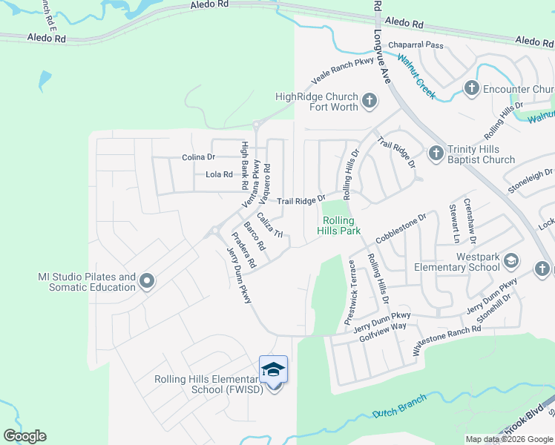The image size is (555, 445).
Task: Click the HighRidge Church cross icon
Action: [370, 100]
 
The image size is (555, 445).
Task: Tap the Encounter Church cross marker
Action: [470, 89]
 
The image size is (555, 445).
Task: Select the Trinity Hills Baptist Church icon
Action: [436, 152]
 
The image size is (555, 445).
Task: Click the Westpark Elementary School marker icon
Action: [510, 260]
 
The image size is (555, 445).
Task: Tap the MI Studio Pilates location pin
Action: [146, 280]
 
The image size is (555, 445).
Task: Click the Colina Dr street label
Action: [198, 157]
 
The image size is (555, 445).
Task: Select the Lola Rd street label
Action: [219, 175]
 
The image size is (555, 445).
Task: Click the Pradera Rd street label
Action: [243, 253]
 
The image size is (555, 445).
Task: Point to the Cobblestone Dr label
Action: [401, 228]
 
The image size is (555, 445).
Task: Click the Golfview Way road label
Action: [384, 326]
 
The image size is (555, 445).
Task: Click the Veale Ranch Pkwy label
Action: [342, 73]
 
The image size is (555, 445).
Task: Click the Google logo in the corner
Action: [24, 436]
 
